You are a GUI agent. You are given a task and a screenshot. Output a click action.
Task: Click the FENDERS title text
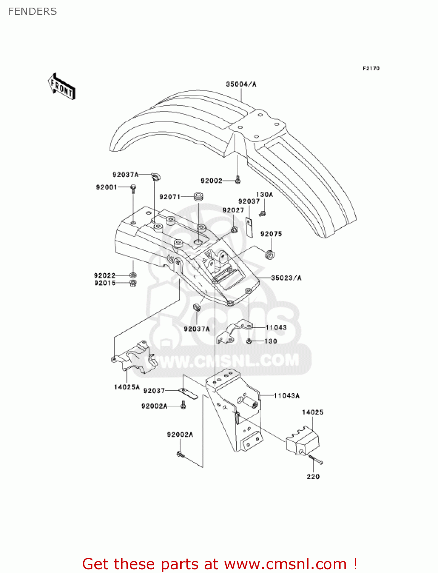(x=32, y=11)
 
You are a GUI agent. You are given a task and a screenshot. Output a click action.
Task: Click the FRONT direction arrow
(x=61, y=87)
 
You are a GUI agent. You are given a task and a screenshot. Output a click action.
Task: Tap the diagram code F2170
(x=371, y=68)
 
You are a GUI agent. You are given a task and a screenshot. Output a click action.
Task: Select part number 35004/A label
(x=241, y=84)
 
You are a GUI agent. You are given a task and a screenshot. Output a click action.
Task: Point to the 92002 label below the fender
(x=211, y=181)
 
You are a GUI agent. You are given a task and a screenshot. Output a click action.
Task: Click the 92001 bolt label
(x=107, y=187)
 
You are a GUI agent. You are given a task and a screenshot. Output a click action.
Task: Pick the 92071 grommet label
(x=170, y=197)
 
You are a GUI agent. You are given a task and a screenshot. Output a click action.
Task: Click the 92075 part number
(x=271, y=234)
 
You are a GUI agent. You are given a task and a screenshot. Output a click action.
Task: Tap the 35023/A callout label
(x=286, y=278)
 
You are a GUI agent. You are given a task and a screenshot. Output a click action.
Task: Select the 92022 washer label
(x=105, y=275)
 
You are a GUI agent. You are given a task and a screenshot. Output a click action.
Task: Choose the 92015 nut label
(x=105, y=283)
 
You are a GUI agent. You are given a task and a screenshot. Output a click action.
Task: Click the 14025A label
(x=127, y=387)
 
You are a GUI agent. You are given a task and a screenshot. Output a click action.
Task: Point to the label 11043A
(x=287, y=395)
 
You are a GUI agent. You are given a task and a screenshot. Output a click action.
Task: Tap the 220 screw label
(x=313, y=476)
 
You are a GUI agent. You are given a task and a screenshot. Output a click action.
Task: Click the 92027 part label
(x=233, y=210)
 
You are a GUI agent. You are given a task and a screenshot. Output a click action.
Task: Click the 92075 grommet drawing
(x=270, y=254)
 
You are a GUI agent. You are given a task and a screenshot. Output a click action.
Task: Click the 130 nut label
(x=271, y=341)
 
